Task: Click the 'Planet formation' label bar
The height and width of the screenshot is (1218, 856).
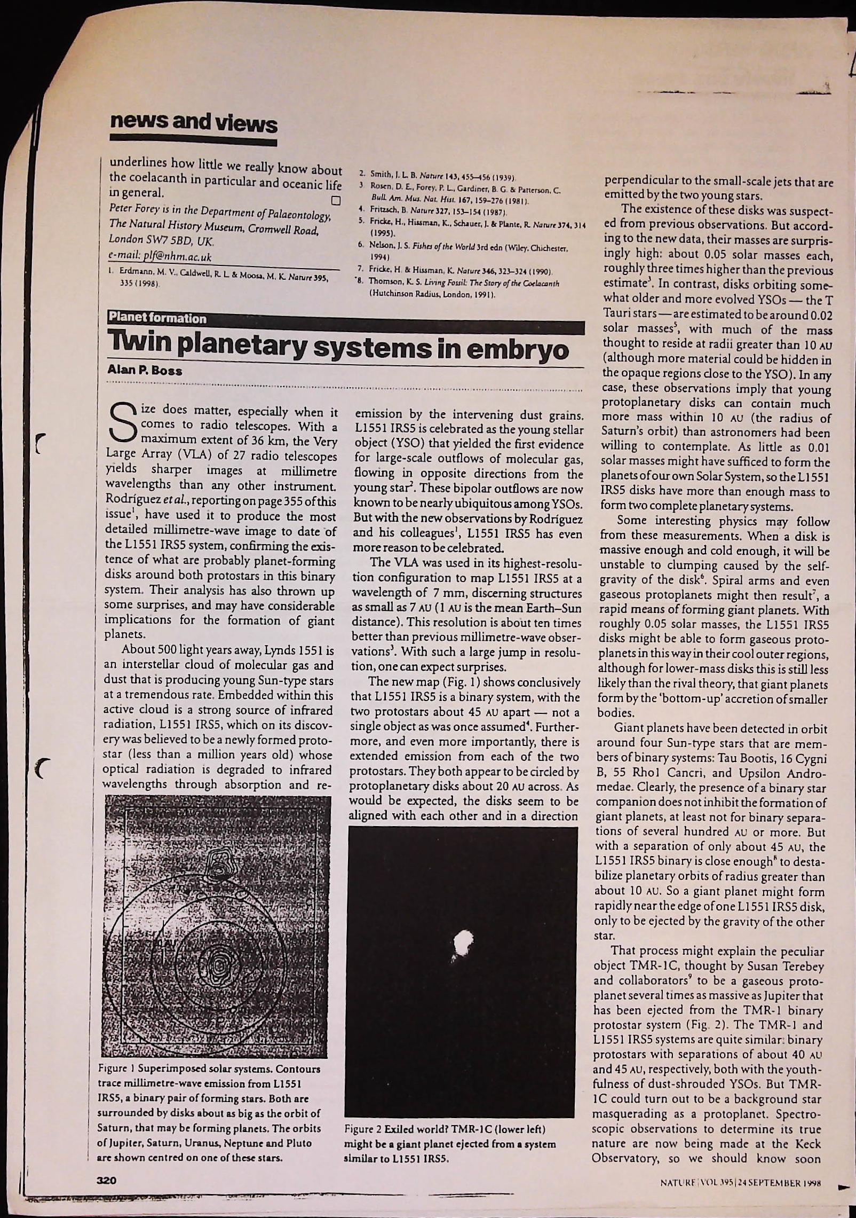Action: point(157,318)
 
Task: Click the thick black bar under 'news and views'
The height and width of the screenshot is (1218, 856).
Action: point(193,142)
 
